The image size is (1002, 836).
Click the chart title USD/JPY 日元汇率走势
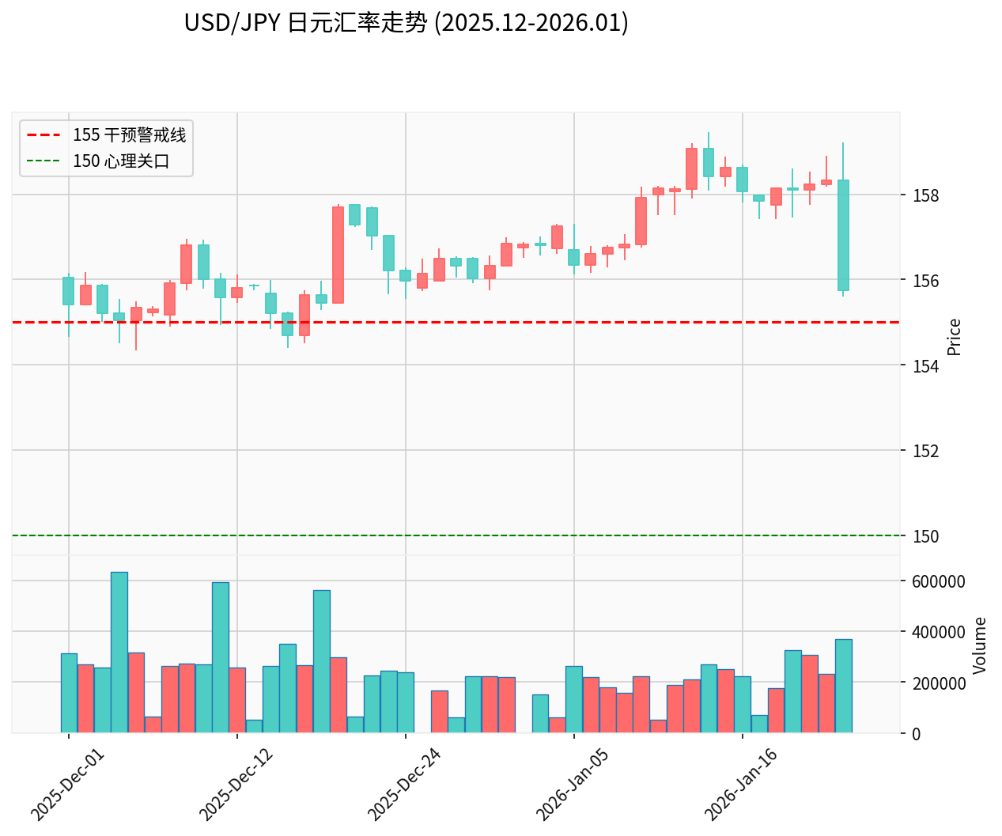406,23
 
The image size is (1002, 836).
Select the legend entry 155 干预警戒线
129,135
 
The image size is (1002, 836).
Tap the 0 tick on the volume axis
917,734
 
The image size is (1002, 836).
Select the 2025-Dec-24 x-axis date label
405,784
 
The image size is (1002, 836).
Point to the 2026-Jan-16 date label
741,784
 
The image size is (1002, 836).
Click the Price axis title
955,337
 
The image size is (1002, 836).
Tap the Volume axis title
980,645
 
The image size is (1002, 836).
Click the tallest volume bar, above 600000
119,653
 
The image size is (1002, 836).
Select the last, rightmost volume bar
843,686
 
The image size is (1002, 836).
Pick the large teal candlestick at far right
843,235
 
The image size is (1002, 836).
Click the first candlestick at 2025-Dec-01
69,291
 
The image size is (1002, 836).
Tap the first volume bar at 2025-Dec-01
69,693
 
